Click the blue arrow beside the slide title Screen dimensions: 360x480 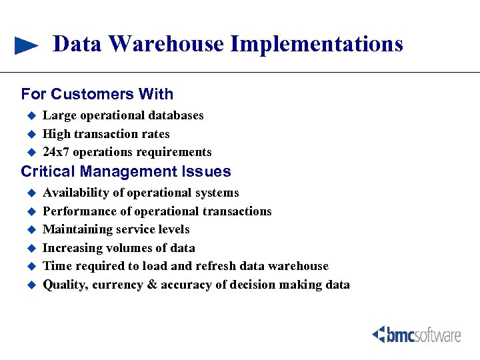tap(27, 45)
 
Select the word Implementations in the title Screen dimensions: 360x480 tap(317, 44)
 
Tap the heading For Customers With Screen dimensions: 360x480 tap(97, 94)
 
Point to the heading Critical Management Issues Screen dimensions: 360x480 tap(126, 171)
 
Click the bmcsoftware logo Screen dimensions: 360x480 tap(417, 334)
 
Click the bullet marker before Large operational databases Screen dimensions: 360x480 tap(29, 115)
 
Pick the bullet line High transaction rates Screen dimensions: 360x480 tap(106, 134)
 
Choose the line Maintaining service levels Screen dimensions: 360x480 tap(116, 229)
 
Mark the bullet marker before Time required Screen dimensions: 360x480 tap(29, 266)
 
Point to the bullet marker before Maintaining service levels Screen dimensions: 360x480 tap(29, 229)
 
